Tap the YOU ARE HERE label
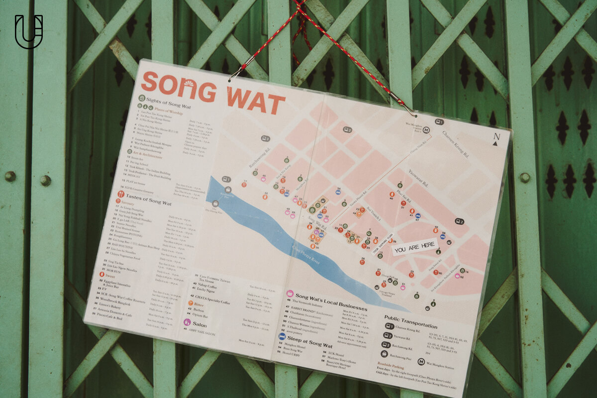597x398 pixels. pos(414,247)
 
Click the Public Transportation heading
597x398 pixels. pos(411,321)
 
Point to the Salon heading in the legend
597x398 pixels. pos(199,324)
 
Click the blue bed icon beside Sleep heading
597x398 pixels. pos(282,336)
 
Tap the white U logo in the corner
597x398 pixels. pos(28,31)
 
